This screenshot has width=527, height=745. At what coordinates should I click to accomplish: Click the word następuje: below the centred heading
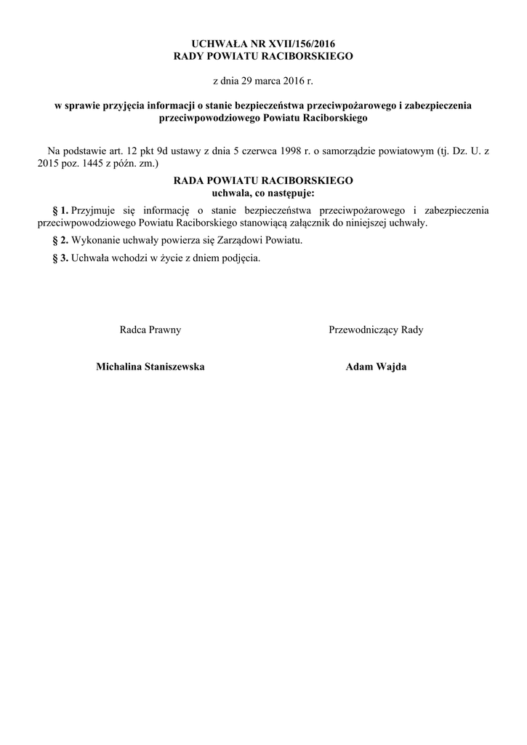pyautogui.click(x=286, y=193)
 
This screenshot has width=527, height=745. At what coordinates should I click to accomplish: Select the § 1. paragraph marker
pyautogui.click(x=60, y=210)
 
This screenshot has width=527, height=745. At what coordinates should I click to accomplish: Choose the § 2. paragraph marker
pyautogui.click(x=60, y=240)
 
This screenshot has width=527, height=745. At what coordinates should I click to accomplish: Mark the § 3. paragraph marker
pyautogui.click(x=60, y=258)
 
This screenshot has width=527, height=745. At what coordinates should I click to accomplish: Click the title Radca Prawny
pyautogui.click(x=150, y=330)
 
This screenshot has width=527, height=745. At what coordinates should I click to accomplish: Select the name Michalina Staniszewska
pyautogui.click(x=150, y=367)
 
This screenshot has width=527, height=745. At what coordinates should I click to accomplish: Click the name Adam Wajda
pyautogui.click(x=376, y=367)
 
